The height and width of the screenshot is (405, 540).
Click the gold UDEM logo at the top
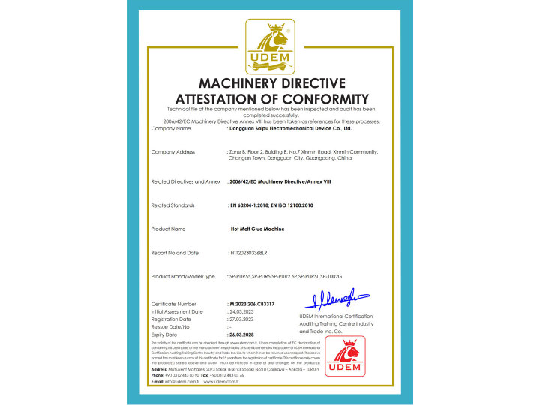click(270, 46)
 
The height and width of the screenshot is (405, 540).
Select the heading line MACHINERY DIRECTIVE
click(271, 83)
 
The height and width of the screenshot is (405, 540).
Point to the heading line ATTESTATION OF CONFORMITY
click(271, 99)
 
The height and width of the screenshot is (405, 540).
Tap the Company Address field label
click(173, 152)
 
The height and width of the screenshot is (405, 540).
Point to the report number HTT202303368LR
click(254, 253)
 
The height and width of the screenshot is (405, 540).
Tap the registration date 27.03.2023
click(244, 319)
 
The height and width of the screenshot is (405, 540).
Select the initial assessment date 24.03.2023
click(244, 311)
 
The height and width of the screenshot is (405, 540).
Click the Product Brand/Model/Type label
click(183, 277)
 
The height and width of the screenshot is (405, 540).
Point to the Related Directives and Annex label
click(187, 181)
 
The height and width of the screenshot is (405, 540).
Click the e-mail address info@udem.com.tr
click(181, 381)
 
